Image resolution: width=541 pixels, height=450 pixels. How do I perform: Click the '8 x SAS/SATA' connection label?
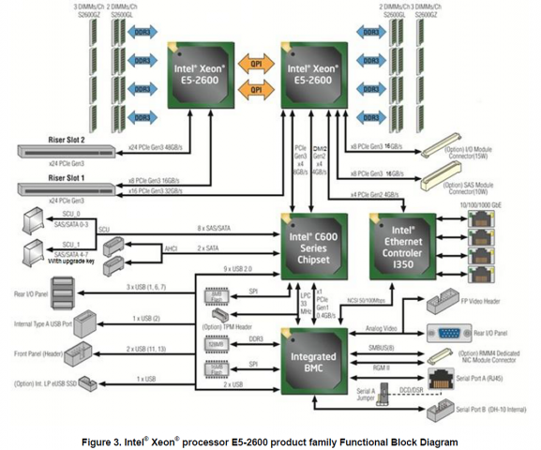(215, 228)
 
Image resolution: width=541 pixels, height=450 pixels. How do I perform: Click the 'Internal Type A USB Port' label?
(42, 326)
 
